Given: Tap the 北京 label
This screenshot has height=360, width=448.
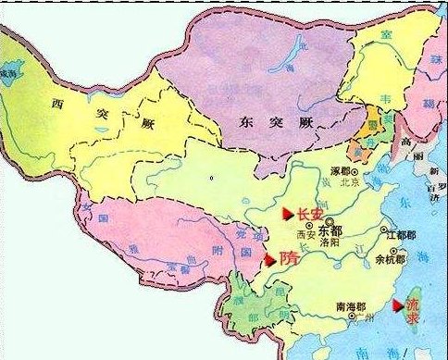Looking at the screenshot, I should [x=349, y=182].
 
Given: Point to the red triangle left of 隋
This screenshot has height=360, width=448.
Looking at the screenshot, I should [x=270, y=260].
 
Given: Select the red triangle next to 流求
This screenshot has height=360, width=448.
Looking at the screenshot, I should [x=399, y=304].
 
